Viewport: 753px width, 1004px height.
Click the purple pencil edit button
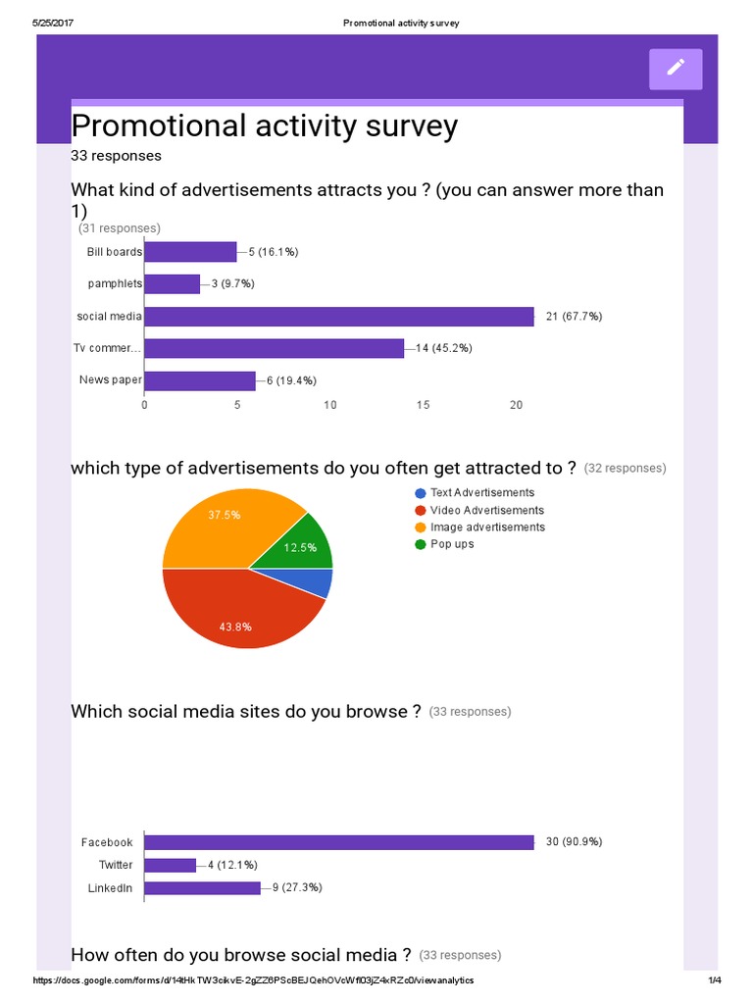click(x=676, y=68)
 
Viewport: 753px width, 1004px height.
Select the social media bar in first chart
click(x=339, y=316)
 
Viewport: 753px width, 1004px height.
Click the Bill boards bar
click(x=190, y=252)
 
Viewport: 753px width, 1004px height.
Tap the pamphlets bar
click(x=172, y=283)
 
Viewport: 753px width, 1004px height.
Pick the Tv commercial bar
click(x=274, y=348)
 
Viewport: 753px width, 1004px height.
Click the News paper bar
click(x=199, y=379)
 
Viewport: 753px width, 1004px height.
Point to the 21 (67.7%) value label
click(x=574, y=316)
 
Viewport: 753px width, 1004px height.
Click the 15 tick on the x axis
click(x=423, y=406)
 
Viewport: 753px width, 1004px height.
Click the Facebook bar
click(x=339, y=842)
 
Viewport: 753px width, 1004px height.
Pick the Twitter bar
click(x=171, y=865)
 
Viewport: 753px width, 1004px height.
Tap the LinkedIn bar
click(x=202, y=887)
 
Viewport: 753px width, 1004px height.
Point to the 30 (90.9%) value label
click(x=574, y=842)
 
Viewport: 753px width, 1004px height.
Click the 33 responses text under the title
click(x=117, y=155)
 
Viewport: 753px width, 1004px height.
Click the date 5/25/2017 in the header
click(x=56, y=23)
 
